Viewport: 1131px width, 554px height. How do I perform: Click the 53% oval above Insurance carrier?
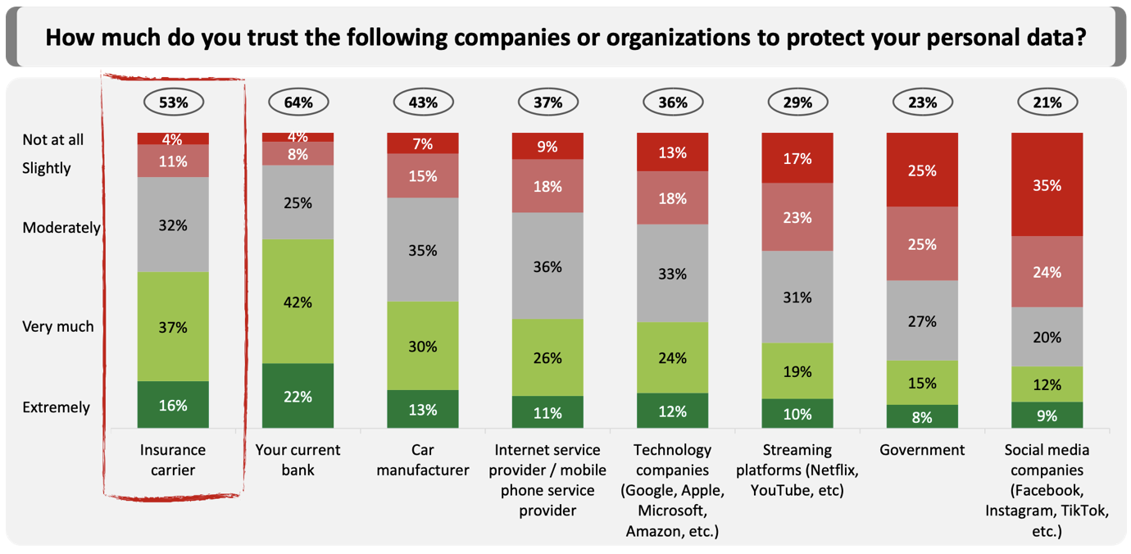[x=173, y=102]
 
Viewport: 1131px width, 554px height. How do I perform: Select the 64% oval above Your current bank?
[x=298, y=102]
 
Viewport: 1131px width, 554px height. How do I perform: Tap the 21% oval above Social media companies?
[x=1047, y=102]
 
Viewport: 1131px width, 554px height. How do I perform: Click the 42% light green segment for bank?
[x=298, y=302]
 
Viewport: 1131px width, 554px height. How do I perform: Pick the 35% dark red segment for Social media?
[x=1047, y=184]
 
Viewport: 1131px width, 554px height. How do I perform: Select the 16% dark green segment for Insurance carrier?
[x=173, y=405]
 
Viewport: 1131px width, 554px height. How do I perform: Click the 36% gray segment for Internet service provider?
[x=547, y=266]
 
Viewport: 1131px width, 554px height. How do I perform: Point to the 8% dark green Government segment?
[x=922, y=416]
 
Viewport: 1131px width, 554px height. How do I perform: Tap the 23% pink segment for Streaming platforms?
[x=797, y=217]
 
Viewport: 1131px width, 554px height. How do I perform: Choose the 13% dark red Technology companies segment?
[x=672, y=152]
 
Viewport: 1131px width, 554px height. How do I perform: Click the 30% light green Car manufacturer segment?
[x=423, y=346]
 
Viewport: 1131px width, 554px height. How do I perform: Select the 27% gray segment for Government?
[x=922, y=320]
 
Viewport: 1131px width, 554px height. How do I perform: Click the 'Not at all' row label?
[x=53, y=139]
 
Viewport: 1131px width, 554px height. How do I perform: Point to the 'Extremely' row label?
[x=57, y=407]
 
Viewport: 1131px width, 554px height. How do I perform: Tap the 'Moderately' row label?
[x=61, y=228]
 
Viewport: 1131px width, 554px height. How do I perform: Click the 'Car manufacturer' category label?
[x=423, y=460]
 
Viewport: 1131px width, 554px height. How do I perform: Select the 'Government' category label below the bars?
[x=922, y=450]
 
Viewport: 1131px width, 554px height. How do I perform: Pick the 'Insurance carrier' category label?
[x=173, y=460]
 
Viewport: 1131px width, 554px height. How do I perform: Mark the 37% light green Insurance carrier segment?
[x=173, y=327]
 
